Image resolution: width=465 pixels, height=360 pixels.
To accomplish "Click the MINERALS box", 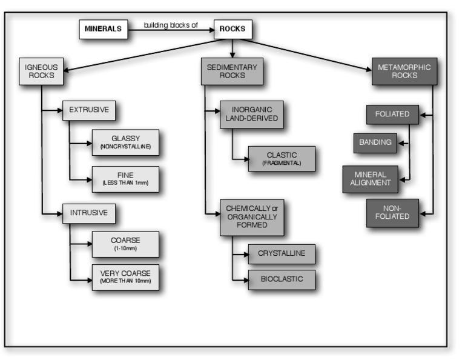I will tap(103, 29).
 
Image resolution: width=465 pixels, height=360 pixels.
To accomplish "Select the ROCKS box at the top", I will tap(232, 29).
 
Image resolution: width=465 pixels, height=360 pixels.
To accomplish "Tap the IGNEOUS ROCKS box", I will tap(41, 72).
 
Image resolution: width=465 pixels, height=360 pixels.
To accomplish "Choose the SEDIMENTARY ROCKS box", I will tap(232, 72).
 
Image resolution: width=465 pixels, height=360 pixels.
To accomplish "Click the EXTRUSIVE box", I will tap(89, 110).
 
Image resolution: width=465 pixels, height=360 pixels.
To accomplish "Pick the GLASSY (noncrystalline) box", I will tap(125, 142).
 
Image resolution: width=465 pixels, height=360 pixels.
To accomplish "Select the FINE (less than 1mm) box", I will tap(125, 179).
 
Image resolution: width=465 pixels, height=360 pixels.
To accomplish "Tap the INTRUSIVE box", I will tap(89, 213).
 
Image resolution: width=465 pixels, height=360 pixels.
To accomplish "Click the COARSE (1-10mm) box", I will tap(125, 244).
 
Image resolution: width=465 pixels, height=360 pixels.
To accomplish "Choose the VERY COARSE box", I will tap(125, 277).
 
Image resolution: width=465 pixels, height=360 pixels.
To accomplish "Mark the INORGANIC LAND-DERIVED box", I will tap(251, 114).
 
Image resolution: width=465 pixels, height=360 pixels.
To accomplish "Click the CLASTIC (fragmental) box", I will tap(281, 158).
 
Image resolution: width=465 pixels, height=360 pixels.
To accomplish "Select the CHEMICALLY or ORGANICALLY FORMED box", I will tap(251, 217).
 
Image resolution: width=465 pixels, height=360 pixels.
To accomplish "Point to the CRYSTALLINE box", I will tap(281, 254).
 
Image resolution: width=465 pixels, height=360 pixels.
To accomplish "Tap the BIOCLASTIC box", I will tap(281, 279).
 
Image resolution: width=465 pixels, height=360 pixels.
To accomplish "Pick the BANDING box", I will tap(375, 143).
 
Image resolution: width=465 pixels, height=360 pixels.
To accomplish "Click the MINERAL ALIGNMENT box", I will tap(371, 179).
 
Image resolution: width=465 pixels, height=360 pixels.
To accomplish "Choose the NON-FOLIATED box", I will tap(392, 213).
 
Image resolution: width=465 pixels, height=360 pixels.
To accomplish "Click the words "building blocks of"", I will tap(171, 25).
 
